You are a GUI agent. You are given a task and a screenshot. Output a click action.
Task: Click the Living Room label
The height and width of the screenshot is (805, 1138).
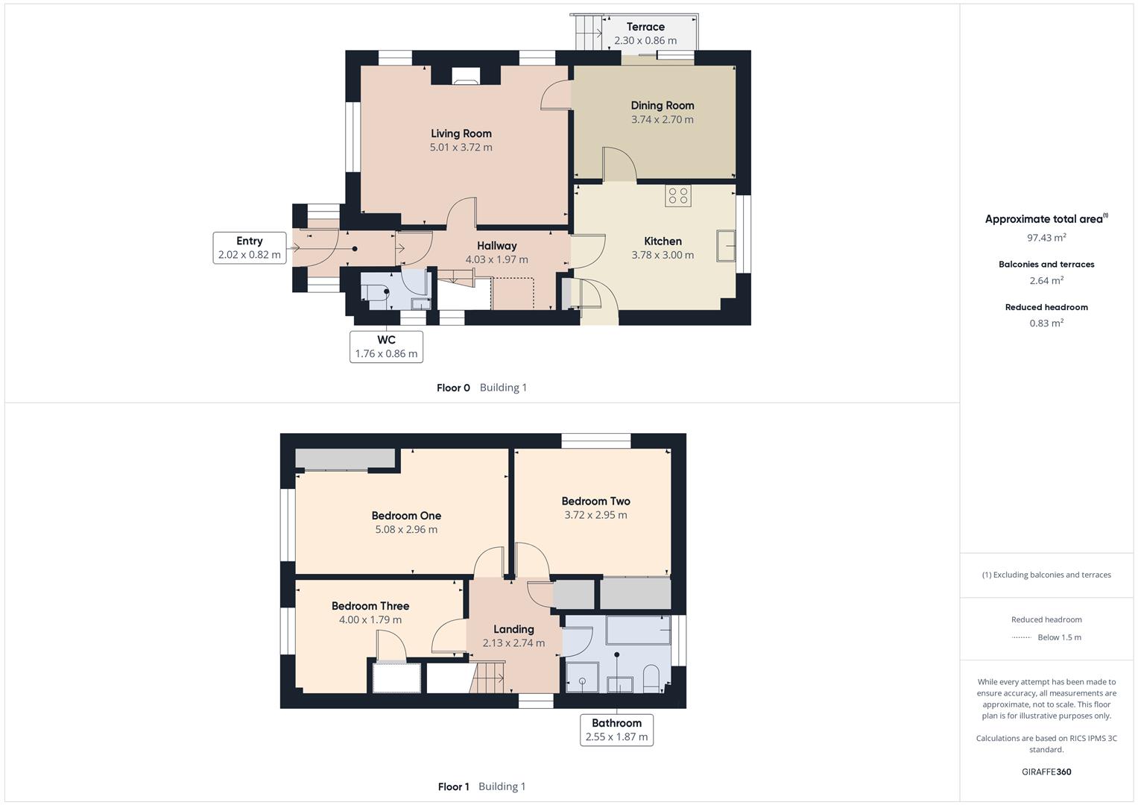tap(461, 133)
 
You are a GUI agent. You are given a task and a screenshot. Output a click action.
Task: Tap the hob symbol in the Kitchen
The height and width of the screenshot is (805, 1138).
tap(678, 196)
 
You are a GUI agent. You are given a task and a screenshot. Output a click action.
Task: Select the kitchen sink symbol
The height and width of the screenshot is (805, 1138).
tap(726, 246)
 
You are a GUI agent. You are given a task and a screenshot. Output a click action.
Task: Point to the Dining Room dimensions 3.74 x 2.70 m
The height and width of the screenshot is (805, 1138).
tap(662, 119)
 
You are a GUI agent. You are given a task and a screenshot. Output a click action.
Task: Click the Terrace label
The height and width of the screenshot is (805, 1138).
tap(645, 27)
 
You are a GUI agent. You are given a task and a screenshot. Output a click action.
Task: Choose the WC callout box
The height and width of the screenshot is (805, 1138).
tap(386, 347)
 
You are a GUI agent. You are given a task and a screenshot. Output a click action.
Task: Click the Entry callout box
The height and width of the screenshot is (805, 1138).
tap(249, 248)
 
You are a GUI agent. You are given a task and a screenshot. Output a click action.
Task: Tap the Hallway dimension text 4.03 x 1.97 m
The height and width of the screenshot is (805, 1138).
tap(496, 259)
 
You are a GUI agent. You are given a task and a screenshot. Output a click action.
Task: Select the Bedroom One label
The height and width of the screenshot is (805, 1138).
tap(406, 516)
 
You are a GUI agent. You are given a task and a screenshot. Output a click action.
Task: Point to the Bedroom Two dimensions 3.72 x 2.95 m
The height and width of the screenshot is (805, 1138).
tap(595, 515)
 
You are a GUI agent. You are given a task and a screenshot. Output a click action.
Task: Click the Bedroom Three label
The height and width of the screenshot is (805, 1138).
tap(370, 606)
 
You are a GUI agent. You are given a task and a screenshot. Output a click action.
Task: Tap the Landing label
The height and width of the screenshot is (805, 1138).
tap(513, 629)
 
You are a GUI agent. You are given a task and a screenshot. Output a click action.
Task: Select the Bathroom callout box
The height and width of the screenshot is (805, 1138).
tap(616, 730)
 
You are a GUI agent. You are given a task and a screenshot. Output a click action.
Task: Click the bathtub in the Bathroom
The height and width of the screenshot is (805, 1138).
tap(638, 630)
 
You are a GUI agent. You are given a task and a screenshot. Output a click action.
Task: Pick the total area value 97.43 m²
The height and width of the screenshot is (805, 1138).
tap(1046, 238)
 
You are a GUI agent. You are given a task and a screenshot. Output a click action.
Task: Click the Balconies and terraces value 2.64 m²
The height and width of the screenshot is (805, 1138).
tap(1046, 280)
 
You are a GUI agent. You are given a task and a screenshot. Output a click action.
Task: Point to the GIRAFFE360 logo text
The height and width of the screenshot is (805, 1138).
tap(1046, 771)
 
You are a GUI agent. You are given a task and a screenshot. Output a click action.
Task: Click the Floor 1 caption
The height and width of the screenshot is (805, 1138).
tap(453, 786)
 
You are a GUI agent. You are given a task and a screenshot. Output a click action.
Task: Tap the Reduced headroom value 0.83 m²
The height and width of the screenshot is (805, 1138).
tap(1046, 323)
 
